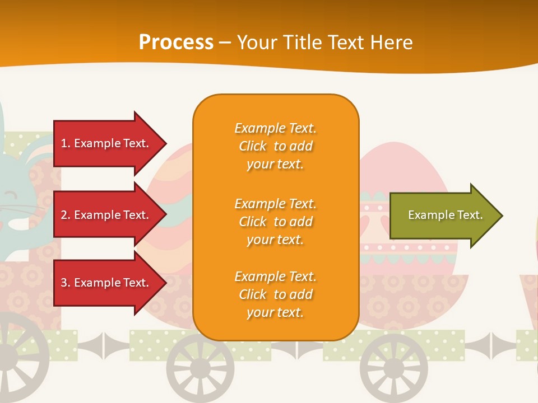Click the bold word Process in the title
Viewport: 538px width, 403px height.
[x=176, y=43]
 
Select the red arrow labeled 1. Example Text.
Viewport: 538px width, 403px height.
[x=106, y=143]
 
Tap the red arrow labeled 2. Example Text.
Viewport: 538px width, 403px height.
[x=106, y=215]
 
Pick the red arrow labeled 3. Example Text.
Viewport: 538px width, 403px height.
[x=106, y=283]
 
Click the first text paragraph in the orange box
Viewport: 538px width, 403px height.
[x=275, y=146]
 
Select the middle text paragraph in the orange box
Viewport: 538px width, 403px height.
[x=275, y=222]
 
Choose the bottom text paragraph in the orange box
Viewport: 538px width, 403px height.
[x=275, y=294]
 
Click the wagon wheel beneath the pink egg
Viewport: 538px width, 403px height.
[x=393, y=367]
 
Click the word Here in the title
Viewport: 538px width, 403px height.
[x=391, y=43]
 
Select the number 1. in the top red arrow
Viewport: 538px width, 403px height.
[x=66, y=143]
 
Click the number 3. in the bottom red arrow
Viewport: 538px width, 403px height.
[x=66, y=283]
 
